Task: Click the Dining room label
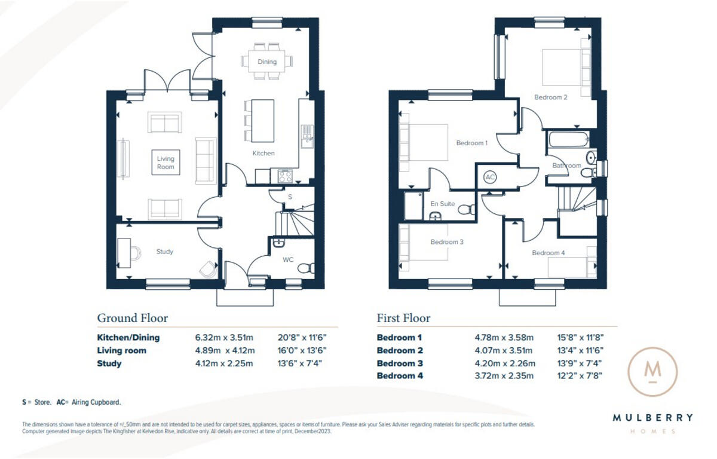(x=267, y=62)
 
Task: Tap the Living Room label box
(x=166, y=163)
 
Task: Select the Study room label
(x=165, y=252)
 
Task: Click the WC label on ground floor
(x=288, y=260)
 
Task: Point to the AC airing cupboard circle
(x=490, y=178)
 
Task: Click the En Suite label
(x=443, y=204)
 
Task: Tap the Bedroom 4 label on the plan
(x=548, y=253)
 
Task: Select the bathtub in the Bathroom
(x=566, y=140)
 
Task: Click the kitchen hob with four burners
(x=284, y=176)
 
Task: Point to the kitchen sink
(x=307, y=136)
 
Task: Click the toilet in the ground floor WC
(x=305, y=268)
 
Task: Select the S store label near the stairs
(x=290, y=196)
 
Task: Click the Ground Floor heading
(x=132, y=318)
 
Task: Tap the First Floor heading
(x=403, y=318)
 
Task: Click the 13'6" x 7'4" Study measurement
(x=302, y=363)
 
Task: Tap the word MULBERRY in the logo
(x=652, y=418)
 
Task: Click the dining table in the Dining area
(x=267, y=62)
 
